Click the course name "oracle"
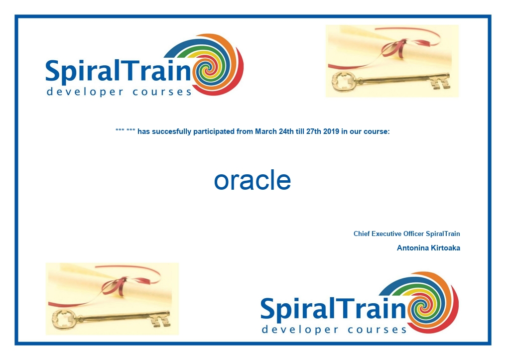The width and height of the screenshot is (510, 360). point(252,180)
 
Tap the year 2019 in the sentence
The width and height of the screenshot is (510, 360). point(331,132)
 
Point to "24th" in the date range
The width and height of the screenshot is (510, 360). point(286,132)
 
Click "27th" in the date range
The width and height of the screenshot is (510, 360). point(314,132)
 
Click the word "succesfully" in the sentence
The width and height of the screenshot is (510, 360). point(171,132)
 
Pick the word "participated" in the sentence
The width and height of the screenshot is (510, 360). point(214,132)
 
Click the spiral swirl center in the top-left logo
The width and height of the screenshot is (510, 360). point(207,69)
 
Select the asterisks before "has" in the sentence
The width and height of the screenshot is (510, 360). point(125,131)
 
